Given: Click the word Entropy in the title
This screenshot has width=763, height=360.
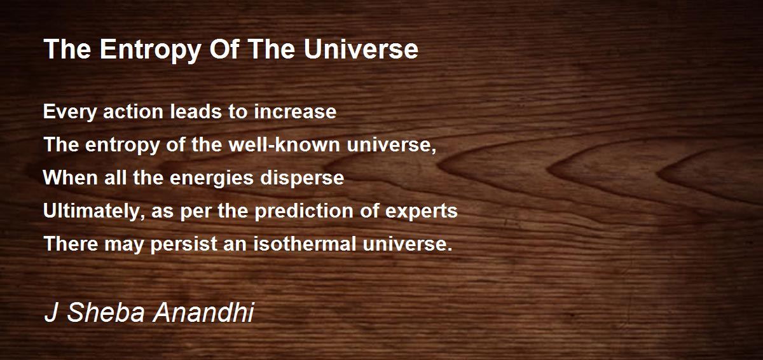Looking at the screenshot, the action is tap(149, 50).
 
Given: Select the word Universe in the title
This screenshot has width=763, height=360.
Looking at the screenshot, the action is tap(361, 49).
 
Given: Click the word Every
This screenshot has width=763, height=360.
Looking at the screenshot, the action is tap(69, 113).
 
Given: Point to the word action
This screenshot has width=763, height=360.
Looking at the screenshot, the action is tap(133, 112).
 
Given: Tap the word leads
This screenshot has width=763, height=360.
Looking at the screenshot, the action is tap(196, 111).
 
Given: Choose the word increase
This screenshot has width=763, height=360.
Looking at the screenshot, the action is tap(295, 112).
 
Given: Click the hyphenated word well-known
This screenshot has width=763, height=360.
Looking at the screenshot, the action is tap(284, 144).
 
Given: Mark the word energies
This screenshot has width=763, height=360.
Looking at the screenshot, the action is tap(212, 179).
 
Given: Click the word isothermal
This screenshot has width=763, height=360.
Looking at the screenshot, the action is tap(304, 244).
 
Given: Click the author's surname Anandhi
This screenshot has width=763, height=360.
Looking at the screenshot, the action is tap(203, 312).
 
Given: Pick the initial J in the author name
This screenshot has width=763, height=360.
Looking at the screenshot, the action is tap(51, 312).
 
